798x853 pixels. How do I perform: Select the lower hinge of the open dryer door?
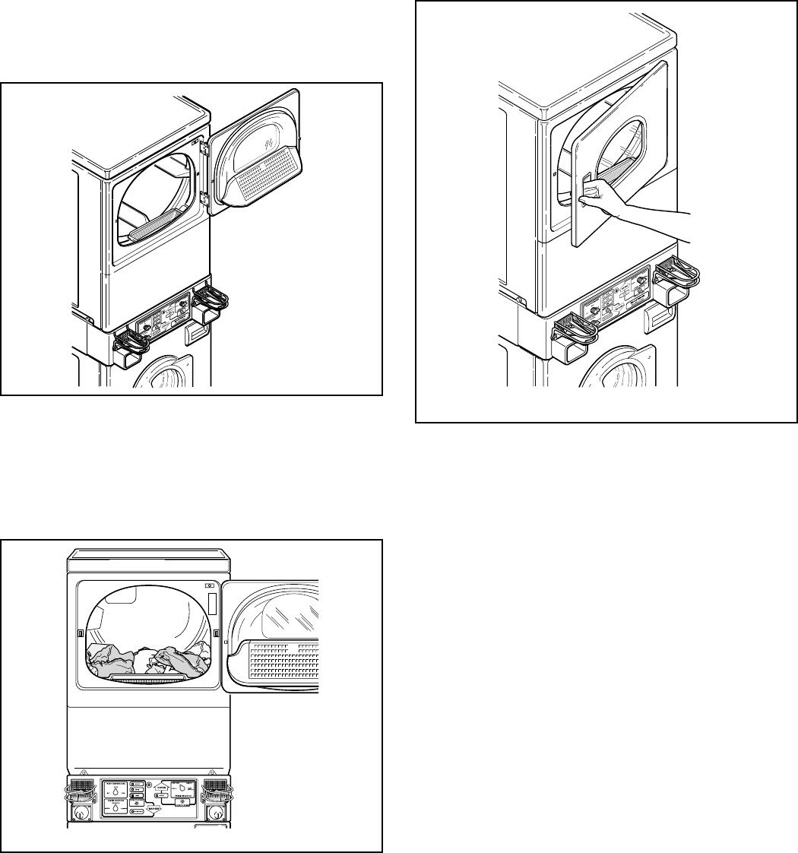click(x=203, y=199)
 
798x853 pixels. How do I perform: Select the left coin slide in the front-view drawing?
click(x=79, y=790)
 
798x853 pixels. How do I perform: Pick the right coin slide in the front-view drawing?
click(x=218, y=791)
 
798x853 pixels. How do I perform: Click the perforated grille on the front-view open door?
click(x=281, y=661)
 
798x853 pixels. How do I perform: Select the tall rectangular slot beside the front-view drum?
click(x=212, y=604)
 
